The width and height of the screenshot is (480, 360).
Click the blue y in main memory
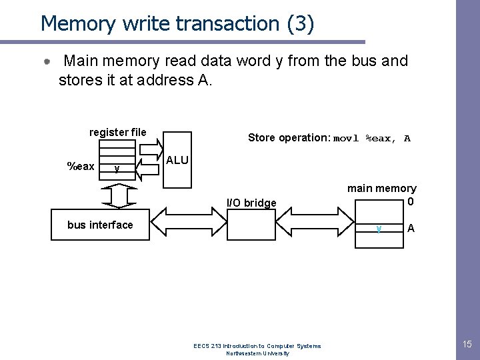pyautogui.click(x=379, y=229)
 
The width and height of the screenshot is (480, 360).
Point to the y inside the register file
pyautogui.click(x=117, y=169)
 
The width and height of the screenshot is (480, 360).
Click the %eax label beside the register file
pyautogui.click(x=81, y=166)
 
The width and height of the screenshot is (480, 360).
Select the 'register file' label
pyautogui.click(x=118, y=132)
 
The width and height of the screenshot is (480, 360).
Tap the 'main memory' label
pyautogui.click(x=382, y=189)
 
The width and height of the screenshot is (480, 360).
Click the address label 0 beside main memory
pyautogui.click(x=411, y=202)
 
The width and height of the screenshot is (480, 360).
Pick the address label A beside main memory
pyautogui.click(x=411, y=228)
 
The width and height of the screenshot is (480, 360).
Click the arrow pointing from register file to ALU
pyautogui.click(x=151, y=149)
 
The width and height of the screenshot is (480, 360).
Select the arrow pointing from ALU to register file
pyautogui.click(x=147, y=169)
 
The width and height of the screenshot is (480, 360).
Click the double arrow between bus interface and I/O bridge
pyautogui.click(x=189, y=221)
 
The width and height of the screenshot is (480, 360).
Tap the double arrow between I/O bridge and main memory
pyautogui.click(x=315, y=221)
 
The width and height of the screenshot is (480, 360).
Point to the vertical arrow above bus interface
pyautogui.click(x=119, y=196)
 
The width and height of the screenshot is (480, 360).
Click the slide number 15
pyautogui.click(x=467, y=344)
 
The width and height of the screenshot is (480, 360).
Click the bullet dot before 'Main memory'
pyautogui.click(x=47, y=61)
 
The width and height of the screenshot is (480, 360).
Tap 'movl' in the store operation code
pyautogui.click(x=345, y=139)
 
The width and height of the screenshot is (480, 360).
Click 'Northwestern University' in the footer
pyautogui.click(x=257, y=353)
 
